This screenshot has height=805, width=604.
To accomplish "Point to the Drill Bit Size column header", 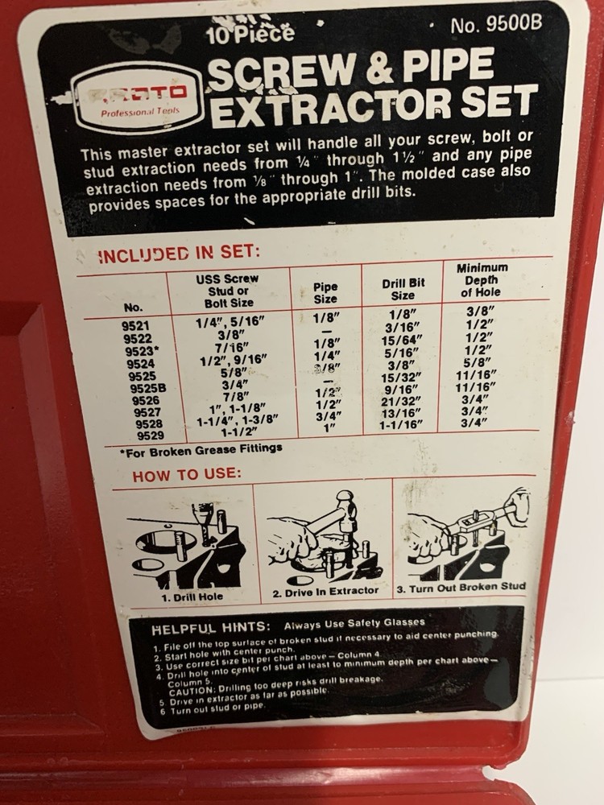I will [x=403, y=289].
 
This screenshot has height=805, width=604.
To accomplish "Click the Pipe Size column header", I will [x=325, y=292].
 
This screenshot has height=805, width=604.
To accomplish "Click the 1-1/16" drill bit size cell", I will [x=400, y=424].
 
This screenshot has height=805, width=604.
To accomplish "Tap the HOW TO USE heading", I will [x=186, y=475].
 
